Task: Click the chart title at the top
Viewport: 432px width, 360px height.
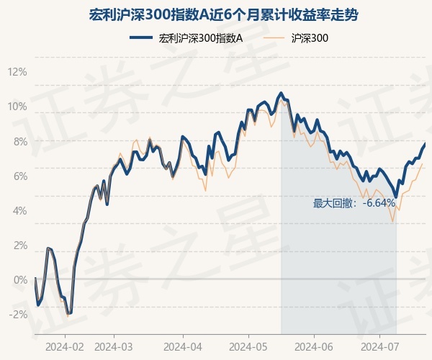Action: pyautogui.click(x=215, y=14)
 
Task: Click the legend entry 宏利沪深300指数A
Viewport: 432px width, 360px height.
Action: pyautogui.click(x=200, y=38)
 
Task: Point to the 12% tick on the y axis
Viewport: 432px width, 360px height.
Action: pyautogui.click(x=17, y=72)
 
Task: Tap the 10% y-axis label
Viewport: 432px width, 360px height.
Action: pyautogui.click(x=17, y=107)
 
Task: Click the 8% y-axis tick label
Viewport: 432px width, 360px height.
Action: pyautogui.click(x=19, y=141)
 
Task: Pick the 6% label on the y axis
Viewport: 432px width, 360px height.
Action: pyautogui.click(x=19, y=176)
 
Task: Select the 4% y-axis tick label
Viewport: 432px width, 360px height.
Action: pyautogui.click(x=19, y=210)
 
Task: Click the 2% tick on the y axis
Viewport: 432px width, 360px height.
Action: pyautogui.click(x=19, y=245)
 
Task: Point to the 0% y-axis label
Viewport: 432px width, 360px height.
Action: pyautogui.click(x=19, y=279)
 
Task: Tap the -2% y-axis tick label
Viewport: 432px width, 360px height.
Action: pyautogui.click(x=17, y=314)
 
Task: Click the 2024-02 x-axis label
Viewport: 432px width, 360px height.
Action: pyautogui.click(x=65, y=346)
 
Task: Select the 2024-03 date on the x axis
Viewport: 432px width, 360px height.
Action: pyautogui.click(x=114, y=346)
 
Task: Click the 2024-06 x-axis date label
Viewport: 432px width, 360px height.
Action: pyautogui.click(x=314, y=346)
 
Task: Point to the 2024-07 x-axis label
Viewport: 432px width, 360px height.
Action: pyautogui.click(x=380, y=346)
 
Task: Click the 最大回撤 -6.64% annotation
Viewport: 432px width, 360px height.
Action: pyautogui.click(x=354, y=203)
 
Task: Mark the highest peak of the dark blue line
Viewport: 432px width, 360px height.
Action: pyautogui.click(x=281, y=93)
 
